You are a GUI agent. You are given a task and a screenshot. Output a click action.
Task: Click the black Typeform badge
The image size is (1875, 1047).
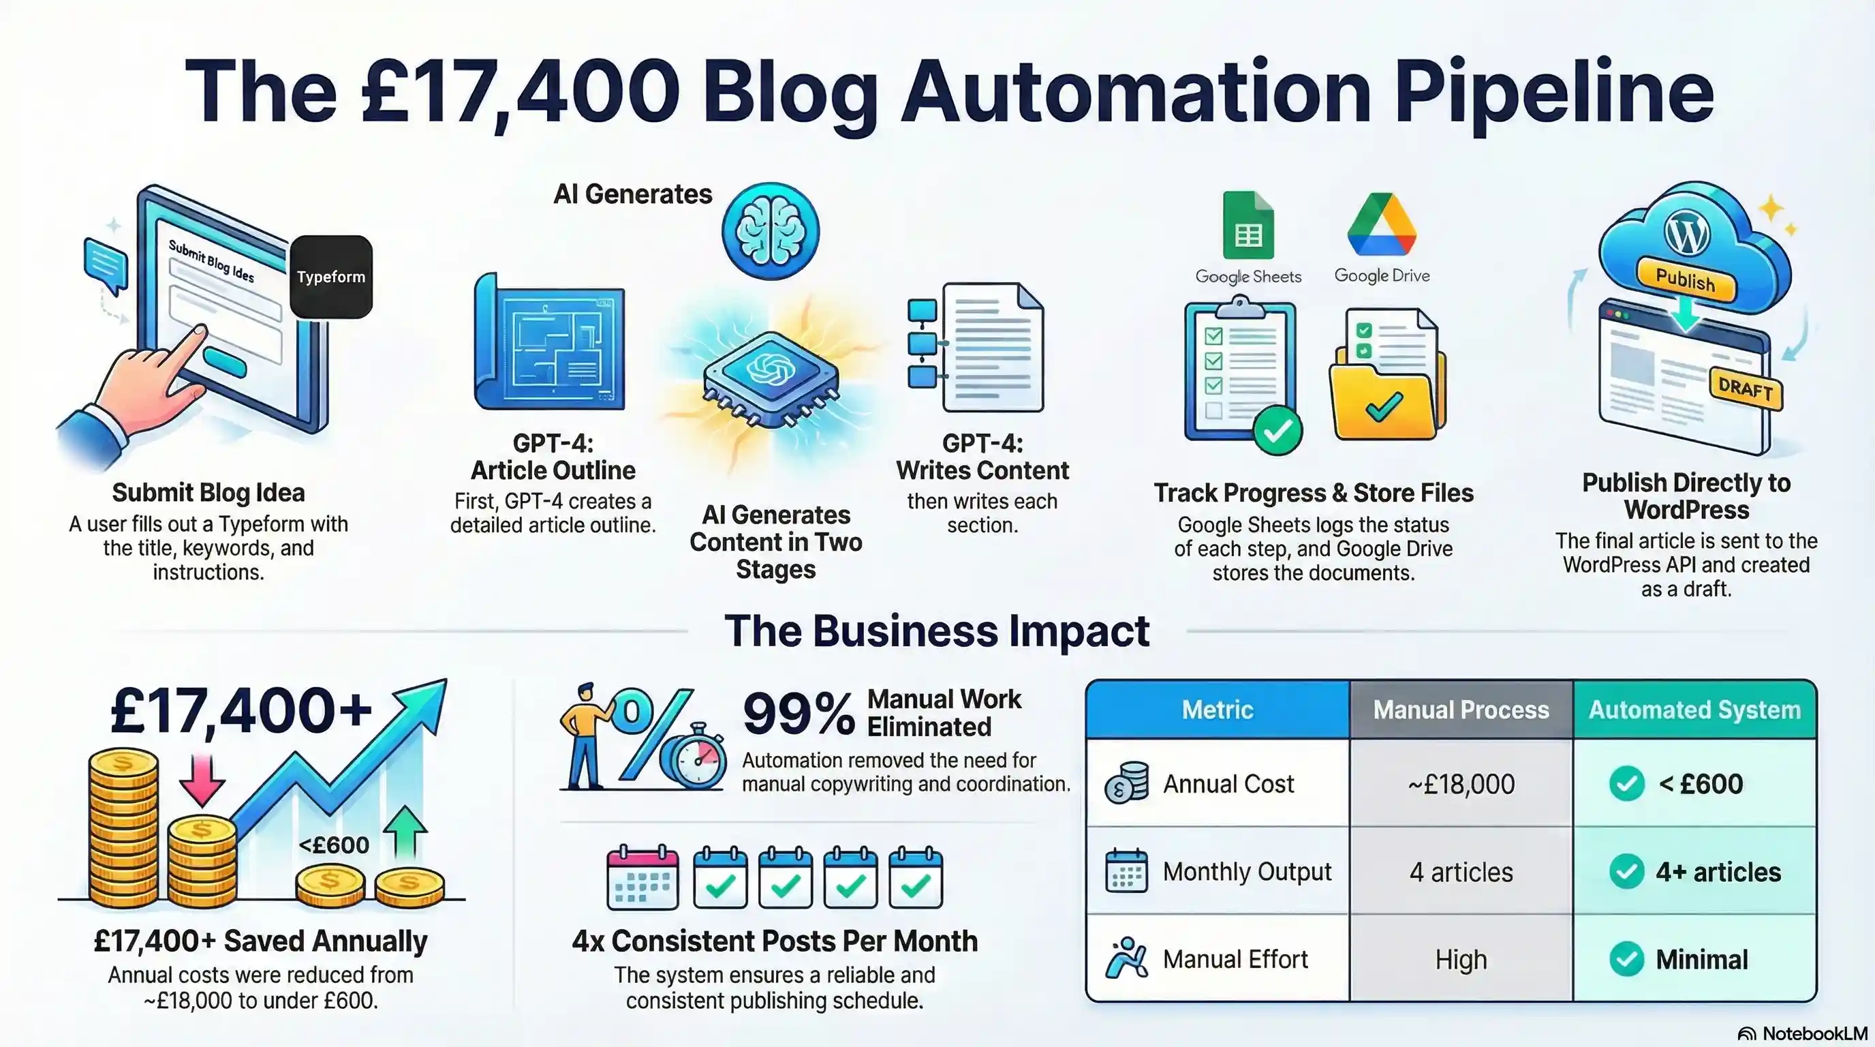331,277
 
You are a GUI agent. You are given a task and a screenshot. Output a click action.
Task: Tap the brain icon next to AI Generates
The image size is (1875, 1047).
770,230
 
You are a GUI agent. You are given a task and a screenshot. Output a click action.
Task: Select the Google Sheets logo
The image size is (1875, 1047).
1248,226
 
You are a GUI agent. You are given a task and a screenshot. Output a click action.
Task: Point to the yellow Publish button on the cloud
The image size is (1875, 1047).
1685,279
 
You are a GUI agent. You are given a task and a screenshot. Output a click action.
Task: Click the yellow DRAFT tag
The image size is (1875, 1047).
1745,389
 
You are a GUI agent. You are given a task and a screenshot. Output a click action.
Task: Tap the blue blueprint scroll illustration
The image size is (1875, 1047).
551,342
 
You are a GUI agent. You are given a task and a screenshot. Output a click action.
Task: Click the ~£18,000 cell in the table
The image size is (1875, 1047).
1461,784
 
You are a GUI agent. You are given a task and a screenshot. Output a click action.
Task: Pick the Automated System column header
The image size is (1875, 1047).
1694,710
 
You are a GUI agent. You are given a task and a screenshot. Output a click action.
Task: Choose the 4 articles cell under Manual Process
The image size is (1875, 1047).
1461,872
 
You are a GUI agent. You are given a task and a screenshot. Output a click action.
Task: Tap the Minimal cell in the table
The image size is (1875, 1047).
1701,960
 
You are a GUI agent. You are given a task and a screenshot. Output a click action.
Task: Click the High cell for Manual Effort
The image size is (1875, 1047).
1461,960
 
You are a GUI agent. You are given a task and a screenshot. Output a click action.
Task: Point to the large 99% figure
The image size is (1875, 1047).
799,714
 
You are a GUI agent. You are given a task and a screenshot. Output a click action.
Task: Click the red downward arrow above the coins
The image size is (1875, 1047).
202,779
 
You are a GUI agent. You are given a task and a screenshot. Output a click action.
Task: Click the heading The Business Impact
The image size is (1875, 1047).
937,631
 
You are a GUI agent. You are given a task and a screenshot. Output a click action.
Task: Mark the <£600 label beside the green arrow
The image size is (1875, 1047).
334,845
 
